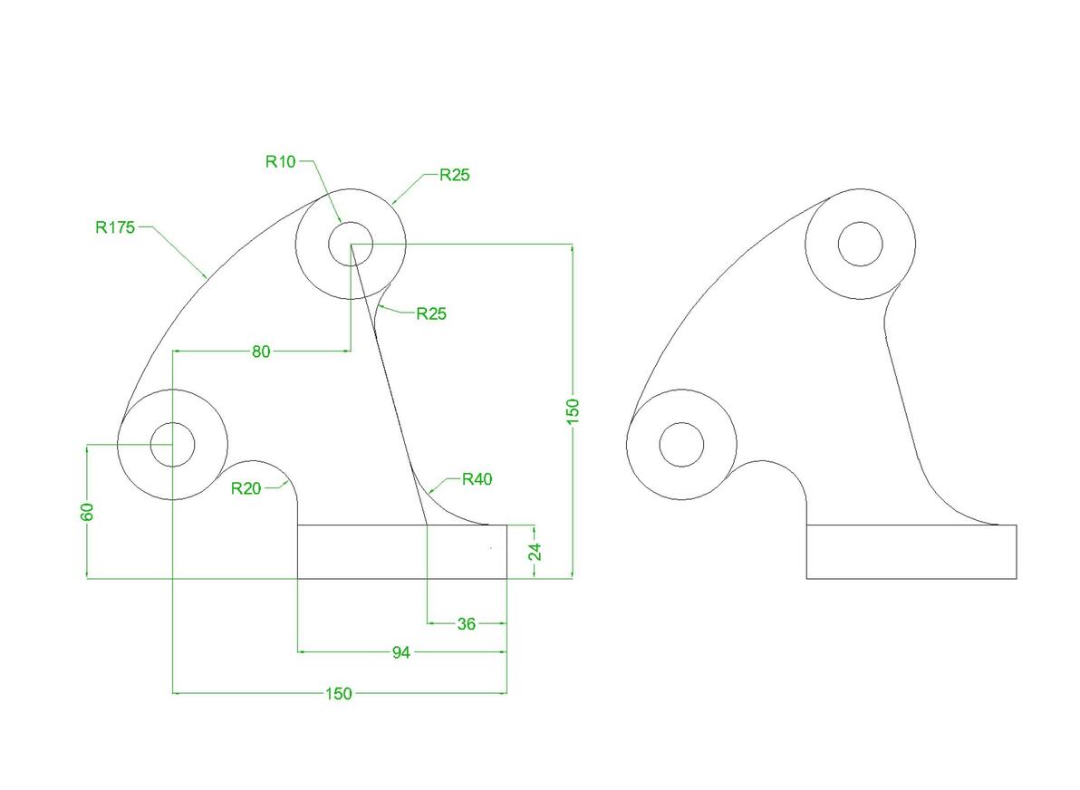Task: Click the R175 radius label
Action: tap(115, 227)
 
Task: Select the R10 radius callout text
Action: tap(280, 162)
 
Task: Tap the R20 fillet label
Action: tap(246, 488)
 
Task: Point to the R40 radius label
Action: tap(477, 479)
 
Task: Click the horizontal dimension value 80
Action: tap(261, 352)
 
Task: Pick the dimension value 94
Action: tap(400, 652)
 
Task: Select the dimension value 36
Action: tap(467, 624)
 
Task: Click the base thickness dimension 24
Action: tap(535, 552)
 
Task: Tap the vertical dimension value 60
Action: tap(88, 512)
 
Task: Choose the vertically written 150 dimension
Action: tap(573, 411)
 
